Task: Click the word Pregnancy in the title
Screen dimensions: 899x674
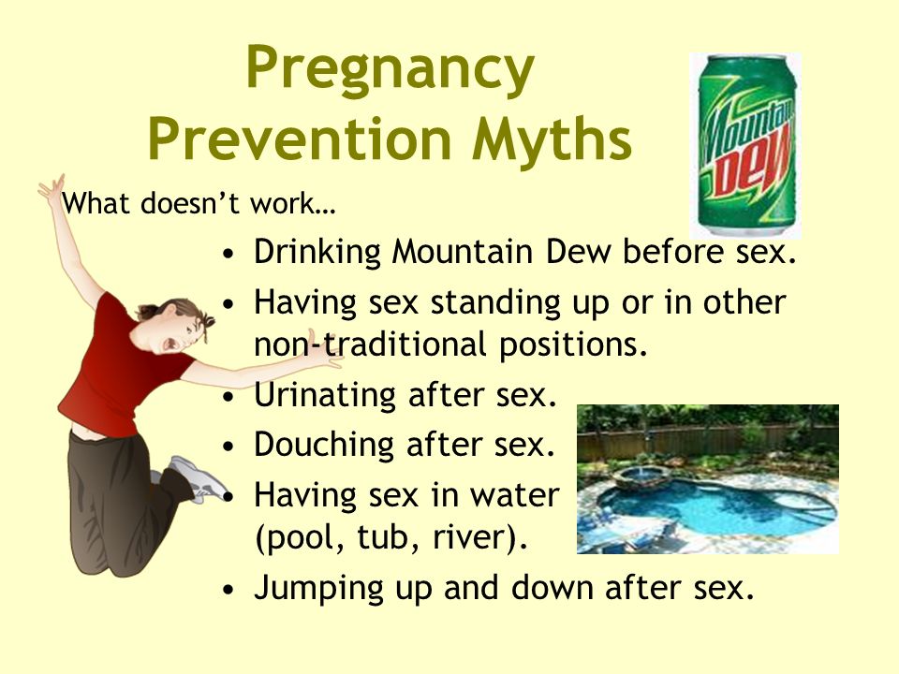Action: point(391,70)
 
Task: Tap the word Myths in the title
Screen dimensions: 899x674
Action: point(552,139)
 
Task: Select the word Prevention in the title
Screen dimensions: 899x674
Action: point(300,139)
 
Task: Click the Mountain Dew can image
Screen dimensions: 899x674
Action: point(745,146)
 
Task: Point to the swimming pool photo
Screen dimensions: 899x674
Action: point(708,479)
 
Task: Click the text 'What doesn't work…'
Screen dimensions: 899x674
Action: point(199,203)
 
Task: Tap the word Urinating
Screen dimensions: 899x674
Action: point(325,395)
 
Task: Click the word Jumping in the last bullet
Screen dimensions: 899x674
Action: point(318,588)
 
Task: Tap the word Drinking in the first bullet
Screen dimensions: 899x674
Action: point(317,253)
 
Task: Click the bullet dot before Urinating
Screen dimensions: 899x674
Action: point(228,396)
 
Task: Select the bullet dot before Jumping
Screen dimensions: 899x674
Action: point(228,589)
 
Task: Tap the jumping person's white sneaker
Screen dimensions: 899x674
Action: point(195,476)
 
